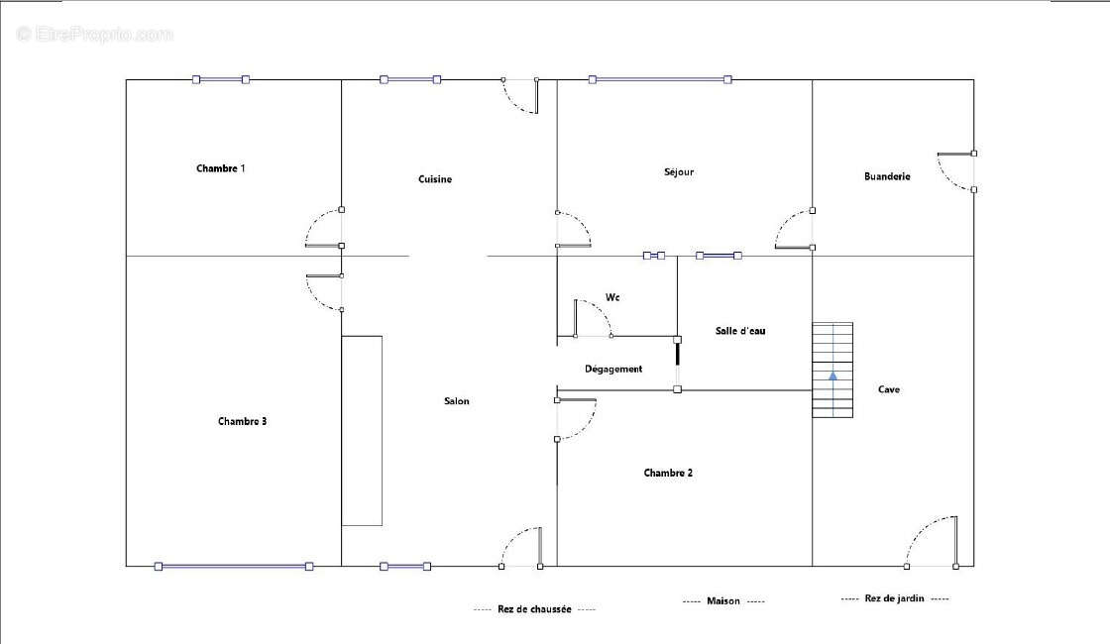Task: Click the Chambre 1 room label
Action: point(221,168)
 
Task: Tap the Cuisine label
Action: point(435,179)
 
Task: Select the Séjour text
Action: point(679,172)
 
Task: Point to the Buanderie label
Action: point(887,176)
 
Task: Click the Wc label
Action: point(612,297)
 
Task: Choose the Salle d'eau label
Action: point(739,331)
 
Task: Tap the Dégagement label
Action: point(613,369)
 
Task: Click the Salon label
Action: point(457,401)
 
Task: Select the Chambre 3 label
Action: point(242,421)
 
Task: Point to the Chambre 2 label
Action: point(668,473)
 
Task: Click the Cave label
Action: point(888,389)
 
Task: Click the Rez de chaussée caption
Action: point(534,609)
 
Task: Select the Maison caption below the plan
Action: point(722,600)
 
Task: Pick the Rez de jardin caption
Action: point(894,598)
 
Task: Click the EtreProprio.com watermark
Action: point(95,34)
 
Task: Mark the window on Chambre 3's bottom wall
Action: point(234,566)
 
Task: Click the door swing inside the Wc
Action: point(593,317)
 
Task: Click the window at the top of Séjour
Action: point(660,79)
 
